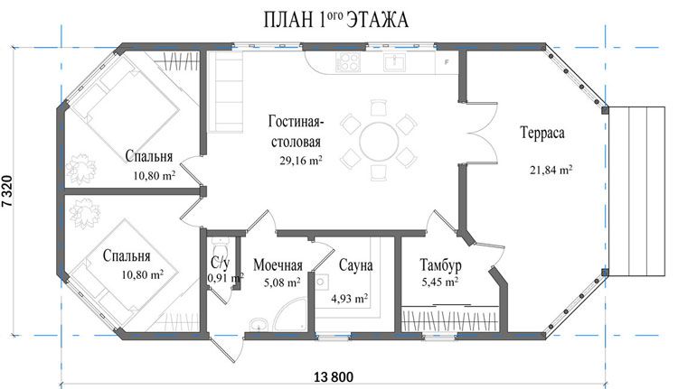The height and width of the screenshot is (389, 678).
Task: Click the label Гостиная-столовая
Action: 295,131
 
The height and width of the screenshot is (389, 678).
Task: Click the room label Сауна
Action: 356,265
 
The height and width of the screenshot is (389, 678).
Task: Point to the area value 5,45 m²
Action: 439,282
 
